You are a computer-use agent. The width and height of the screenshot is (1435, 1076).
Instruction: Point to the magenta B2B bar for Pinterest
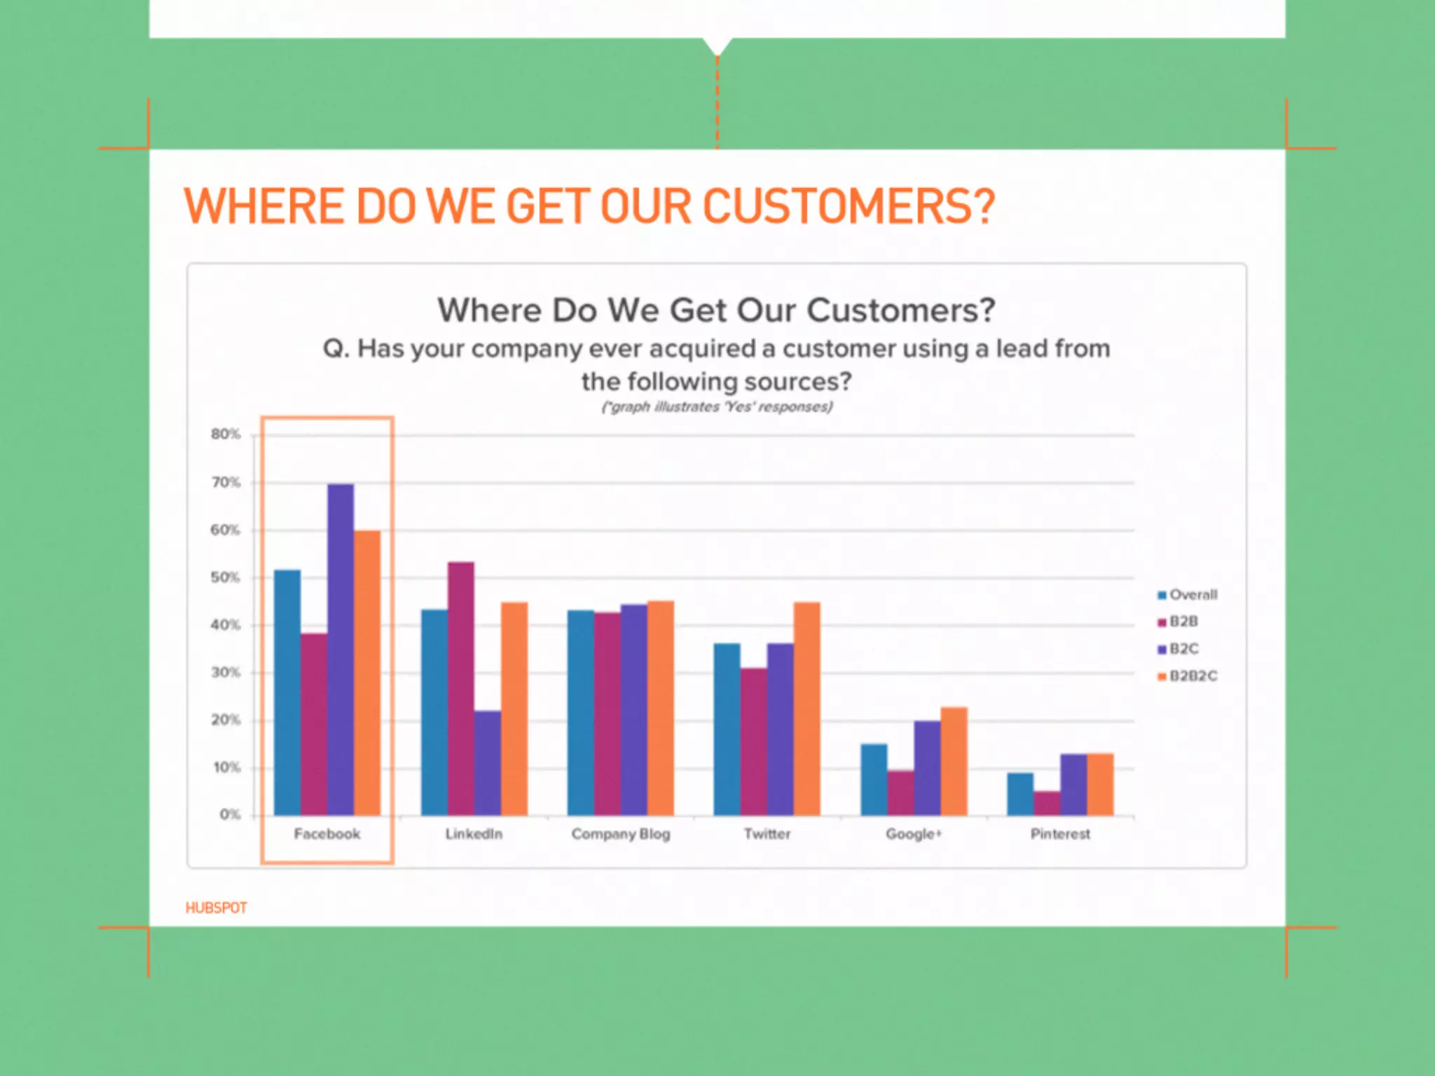[x=1047, y=803]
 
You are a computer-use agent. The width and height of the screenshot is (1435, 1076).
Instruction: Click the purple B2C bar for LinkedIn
[x=488, y=763]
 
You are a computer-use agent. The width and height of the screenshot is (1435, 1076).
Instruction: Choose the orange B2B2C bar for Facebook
[x=367, y=672]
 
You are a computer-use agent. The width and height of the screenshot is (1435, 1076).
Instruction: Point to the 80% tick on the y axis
[x=226, y=434]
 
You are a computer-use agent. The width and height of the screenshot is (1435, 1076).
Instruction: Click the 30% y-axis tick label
[x=226, y=672]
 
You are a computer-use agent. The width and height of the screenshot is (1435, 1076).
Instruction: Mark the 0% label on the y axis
[x=230, y=815]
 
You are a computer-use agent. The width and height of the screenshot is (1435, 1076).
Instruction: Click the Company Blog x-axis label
[x=621, y=834]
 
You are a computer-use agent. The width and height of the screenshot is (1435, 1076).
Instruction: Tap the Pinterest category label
[x=1060, y=834]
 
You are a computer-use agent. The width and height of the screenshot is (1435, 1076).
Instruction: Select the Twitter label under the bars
[x=767, y=834]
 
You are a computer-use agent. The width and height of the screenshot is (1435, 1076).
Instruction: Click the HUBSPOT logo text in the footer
[x=216, y=908]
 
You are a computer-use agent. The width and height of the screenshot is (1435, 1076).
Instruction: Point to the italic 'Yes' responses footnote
[x=717, y=407]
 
